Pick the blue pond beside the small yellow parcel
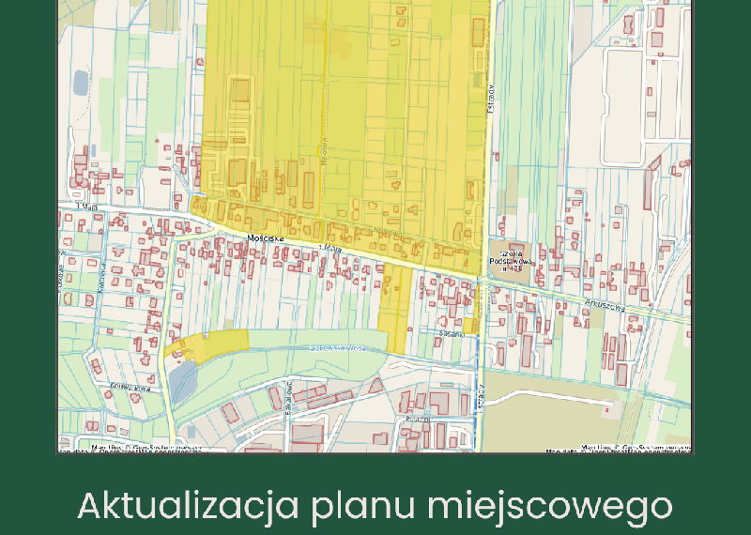[183, 380]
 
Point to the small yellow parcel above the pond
[208, 344]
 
